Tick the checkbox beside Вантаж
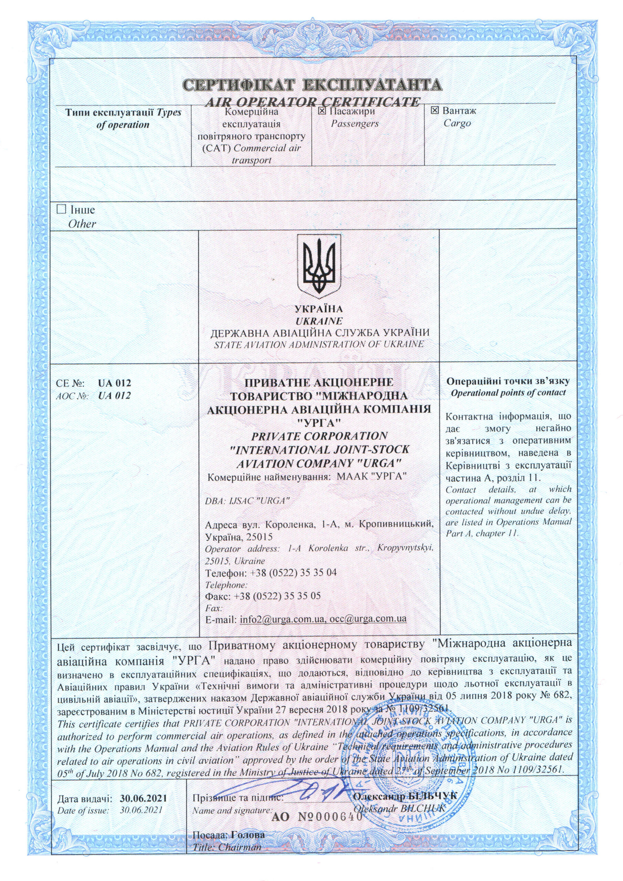click(434, 111)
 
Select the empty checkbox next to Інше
click(61, 210)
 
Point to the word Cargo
click(457, 124)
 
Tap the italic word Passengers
click(355, 124)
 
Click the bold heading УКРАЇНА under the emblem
click(319, 309)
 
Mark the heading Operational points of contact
click(508, 393)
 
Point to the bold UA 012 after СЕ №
click(114, 383)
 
